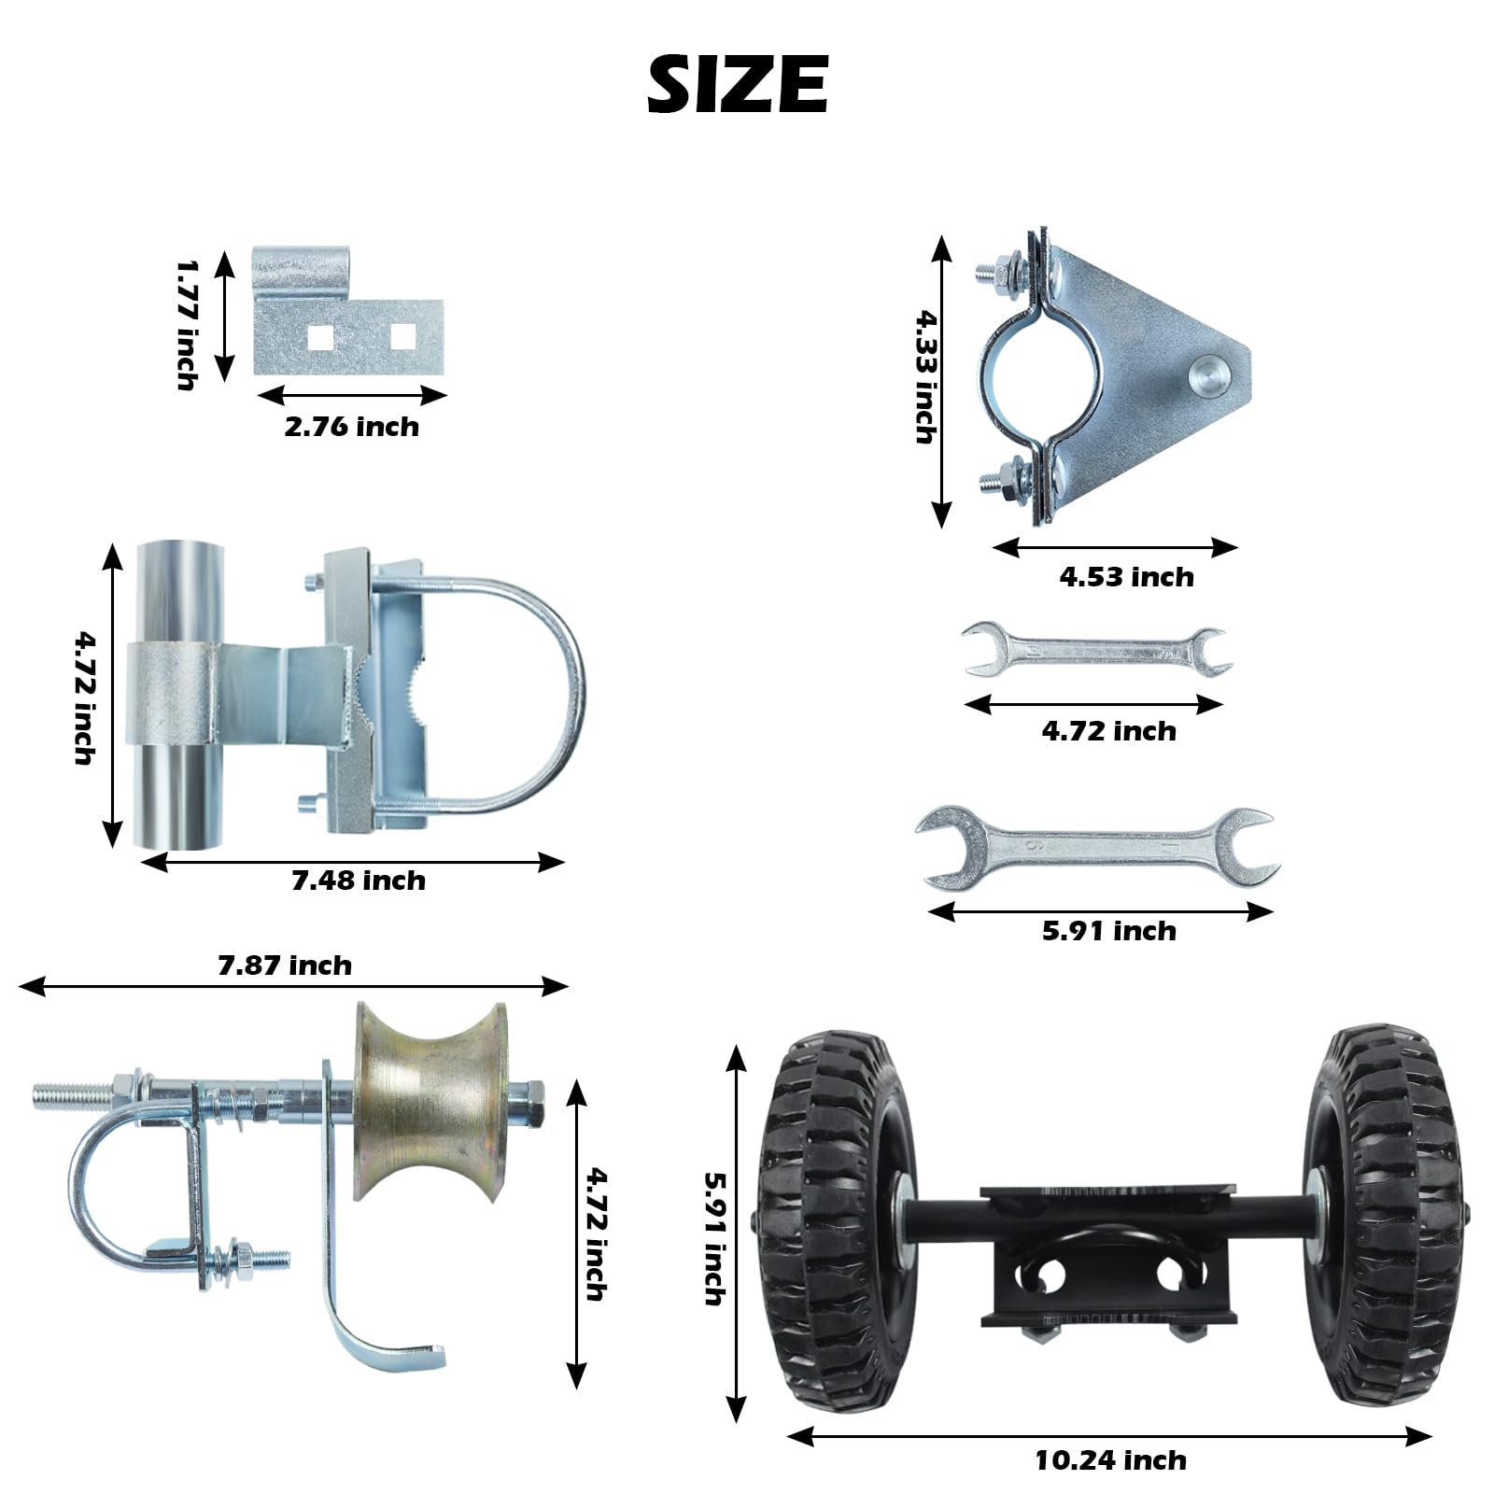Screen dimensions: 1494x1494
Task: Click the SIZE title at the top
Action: [x=738, y=84]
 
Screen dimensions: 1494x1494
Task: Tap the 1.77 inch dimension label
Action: [x=187, y=325]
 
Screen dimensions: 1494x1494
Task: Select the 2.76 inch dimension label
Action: [x=351, y=427]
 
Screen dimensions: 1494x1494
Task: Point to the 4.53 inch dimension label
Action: [x=1126, y=577]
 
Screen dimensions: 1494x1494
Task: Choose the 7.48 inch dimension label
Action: [x=359, y=881]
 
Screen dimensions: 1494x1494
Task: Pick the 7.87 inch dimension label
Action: [x=285, y=965]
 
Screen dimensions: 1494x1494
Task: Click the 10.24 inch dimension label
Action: [x=1110, y=1460]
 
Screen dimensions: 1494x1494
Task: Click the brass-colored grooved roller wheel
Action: [x=428, y=1102]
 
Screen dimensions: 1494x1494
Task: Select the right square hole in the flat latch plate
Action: [x=402, y=336]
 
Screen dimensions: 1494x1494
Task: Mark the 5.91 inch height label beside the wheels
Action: [x=714, y=1238]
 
